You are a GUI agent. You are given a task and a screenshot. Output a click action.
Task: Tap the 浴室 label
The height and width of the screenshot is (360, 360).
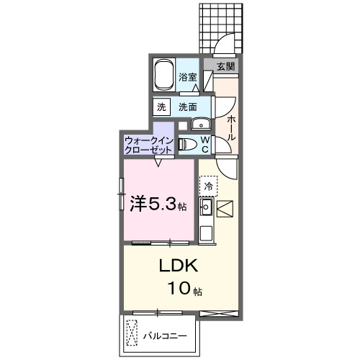pyautogui.click(x=189, y=76)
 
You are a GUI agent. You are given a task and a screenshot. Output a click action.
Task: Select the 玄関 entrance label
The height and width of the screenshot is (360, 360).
pyautogui.click(x=225, y=66)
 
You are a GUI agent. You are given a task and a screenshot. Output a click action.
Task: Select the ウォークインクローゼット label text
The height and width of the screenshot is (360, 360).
pyautogui.click(x=148, y=144)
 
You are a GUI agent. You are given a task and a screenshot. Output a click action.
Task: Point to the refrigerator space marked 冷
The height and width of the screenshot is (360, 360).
pyautogui.click(x=208, y=186)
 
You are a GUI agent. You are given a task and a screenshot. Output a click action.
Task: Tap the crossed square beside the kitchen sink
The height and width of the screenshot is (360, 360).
pyautogui.click(x=225, y=209)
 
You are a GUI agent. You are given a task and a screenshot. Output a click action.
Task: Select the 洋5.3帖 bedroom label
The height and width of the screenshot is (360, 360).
pyautogui.click(x=158, y=204)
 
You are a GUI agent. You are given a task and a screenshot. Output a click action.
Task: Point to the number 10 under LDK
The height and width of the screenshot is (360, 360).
pyautogui.click(x=178, y=290)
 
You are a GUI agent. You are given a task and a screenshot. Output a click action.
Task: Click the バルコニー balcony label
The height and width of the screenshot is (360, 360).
pyautogui.click(x=165, y=336)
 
